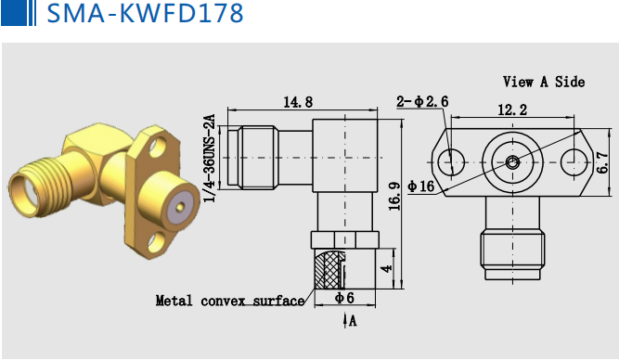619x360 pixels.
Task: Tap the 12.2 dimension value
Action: (x=511, y=109)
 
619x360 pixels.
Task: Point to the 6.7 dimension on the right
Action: (x=603, y=163)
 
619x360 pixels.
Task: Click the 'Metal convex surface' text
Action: (x=229, y=301)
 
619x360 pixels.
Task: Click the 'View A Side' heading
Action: (x=543, y=82)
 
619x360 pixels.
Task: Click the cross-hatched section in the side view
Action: (x=329, y=270)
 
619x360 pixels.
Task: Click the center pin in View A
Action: (x=512, y=161)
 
